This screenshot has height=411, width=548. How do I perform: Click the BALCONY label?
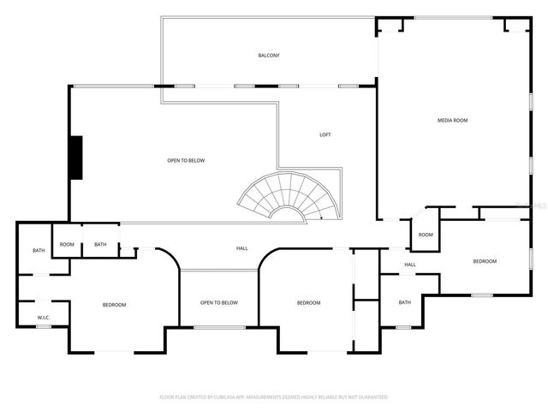pos(269,56)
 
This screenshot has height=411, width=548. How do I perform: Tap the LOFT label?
pos(325,134)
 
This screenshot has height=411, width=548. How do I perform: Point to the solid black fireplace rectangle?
pos(76,158)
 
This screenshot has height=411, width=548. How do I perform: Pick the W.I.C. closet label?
pos(44,318)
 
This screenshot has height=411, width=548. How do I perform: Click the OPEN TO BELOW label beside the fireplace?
pos(186,160)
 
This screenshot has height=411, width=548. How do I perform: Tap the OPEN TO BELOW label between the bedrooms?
pos(219,302)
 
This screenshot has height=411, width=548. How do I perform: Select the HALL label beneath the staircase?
pos(242,248)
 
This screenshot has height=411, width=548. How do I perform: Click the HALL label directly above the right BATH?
pos(410,265)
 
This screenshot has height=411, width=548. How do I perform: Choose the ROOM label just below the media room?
pos(426,235)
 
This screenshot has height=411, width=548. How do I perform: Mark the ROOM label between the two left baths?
pos(67,245)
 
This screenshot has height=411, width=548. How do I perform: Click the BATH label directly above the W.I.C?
pos(39,251)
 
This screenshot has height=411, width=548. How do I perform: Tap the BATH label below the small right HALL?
pos(404,302)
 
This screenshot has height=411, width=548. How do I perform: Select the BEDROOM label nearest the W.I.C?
pos(114,305)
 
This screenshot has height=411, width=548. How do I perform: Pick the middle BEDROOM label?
pos(308,303)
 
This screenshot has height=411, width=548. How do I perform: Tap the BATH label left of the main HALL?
pos(100,245)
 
